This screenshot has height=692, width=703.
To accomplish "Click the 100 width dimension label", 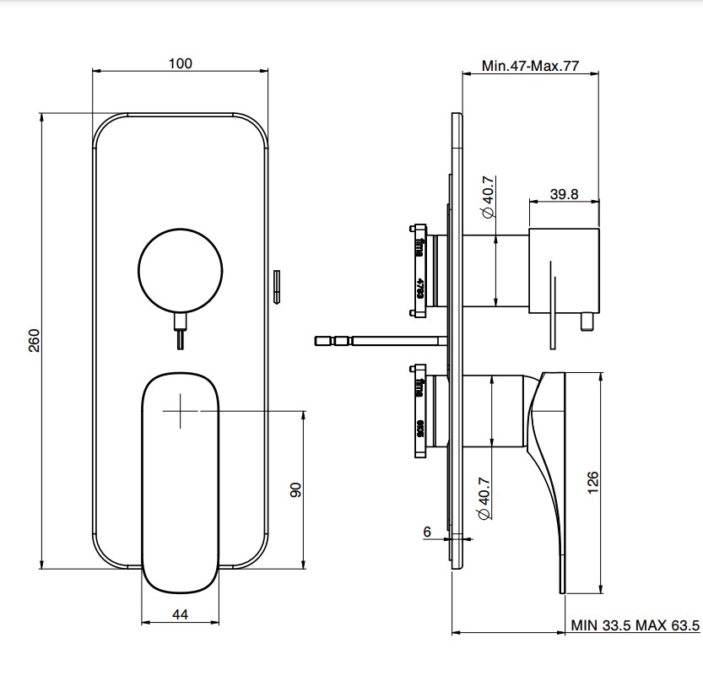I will [x=181, y=63].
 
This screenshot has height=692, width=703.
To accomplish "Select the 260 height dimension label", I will [x=35, y=340].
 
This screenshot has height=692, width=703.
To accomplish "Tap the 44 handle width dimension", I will [x=180, y=615].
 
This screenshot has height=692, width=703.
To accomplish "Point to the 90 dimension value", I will [x=296, y=489].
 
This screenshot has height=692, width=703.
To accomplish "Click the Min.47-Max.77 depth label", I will [x=529, y=66].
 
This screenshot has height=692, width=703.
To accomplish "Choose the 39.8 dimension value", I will [x=564, y=193].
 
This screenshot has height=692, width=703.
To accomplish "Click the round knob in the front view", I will [x=181, y=269].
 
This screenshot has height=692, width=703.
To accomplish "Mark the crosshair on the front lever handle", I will [x=179, y=411].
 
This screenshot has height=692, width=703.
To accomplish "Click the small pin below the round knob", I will [x=180, y=334].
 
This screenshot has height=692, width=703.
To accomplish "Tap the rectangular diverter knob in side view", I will [x=564, y=268].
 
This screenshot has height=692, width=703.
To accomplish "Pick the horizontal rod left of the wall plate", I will [x=380, y=341].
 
